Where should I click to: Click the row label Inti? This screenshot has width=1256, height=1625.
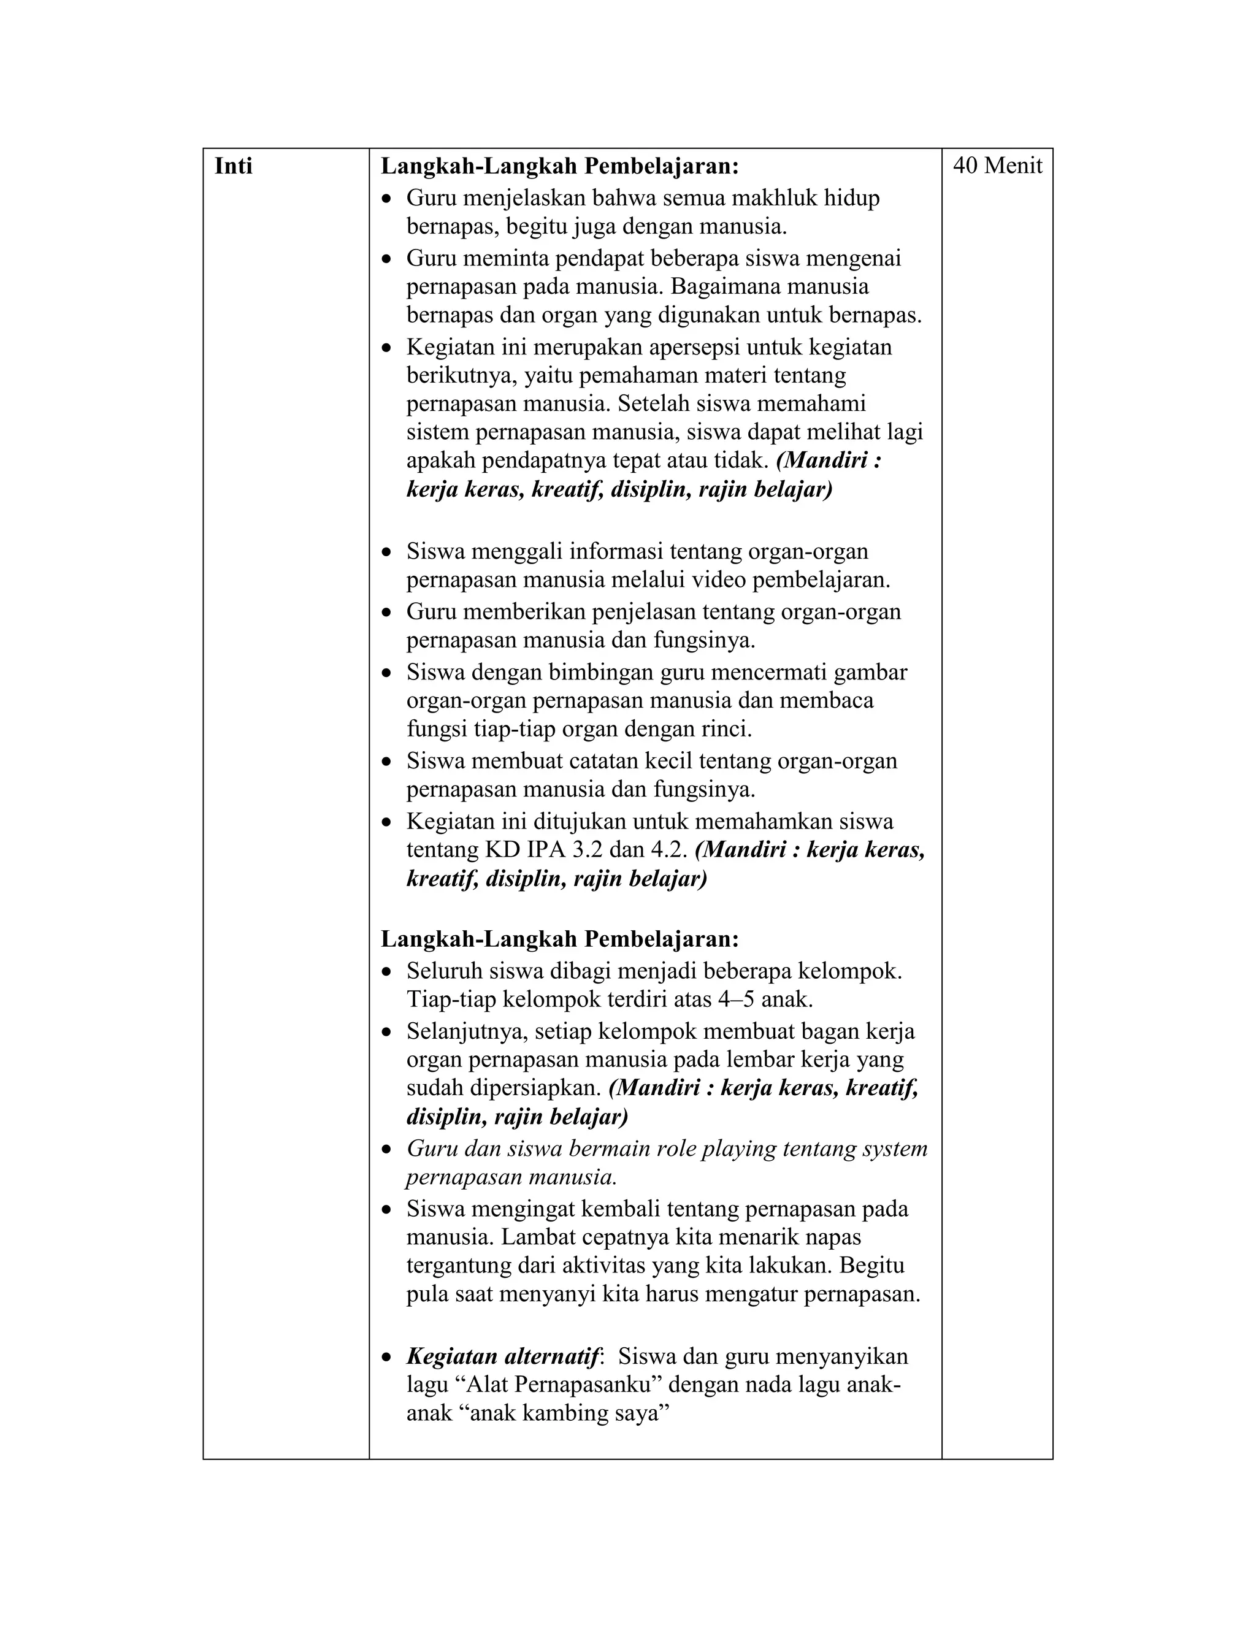233,166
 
